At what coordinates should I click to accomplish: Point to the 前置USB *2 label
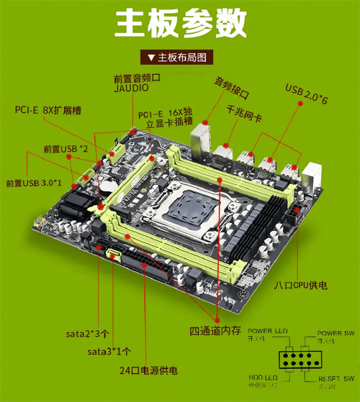click(x=66, y=149)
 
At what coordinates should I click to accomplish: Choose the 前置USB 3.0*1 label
click(x=35, y=183)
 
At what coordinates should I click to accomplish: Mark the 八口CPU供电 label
click(x=300, y=285)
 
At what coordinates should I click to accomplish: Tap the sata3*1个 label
click(x=109, y=352)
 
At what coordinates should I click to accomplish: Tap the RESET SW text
click(x=337, y=378)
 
